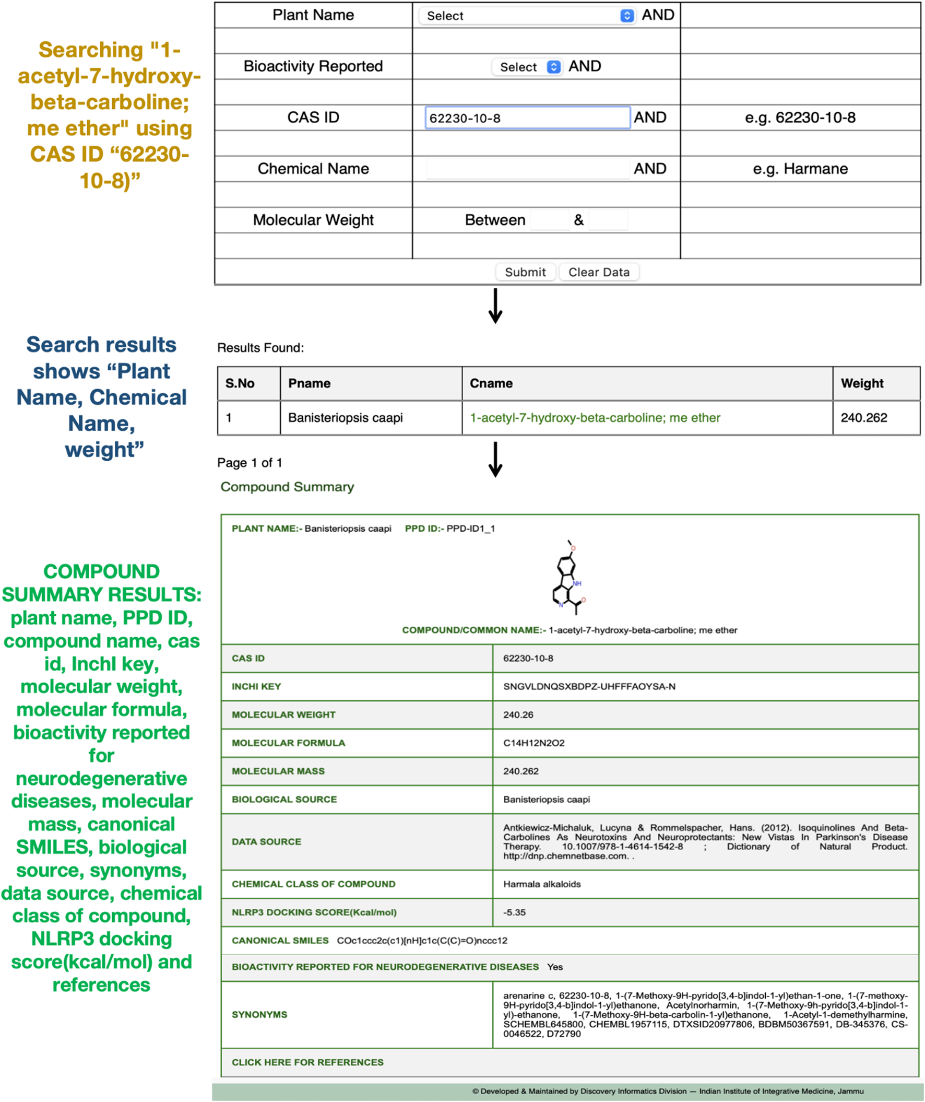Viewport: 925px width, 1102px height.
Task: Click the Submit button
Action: [x=525, y=272]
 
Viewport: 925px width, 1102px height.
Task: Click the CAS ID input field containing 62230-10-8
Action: [x=527, y=118]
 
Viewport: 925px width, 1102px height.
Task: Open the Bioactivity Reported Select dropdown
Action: [x=527, y=67]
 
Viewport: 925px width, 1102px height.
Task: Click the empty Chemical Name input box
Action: [x=528, y=169]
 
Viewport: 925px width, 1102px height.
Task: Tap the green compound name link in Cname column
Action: [x=595, y=418]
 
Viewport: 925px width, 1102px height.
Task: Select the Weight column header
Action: [x=862, y=383]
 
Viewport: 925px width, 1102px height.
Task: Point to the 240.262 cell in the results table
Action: [x=863, y=418]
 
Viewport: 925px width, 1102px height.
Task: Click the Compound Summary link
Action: [x=287, y=487]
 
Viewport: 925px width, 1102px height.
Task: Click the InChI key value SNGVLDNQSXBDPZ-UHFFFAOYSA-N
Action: [x=589, y=686]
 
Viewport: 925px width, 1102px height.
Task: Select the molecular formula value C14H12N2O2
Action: [x=533, y=743]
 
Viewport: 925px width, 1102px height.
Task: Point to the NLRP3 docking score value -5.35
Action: [x=514, y=912]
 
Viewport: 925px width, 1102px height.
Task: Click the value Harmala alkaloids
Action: [x=542, y=884]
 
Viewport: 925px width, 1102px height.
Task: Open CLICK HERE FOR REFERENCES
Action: [x=307, y=1062]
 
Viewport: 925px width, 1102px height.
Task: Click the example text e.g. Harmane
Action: [x=800, y=169]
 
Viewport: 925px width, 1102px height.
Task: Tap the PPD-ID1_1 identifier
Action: [x=470, y=529]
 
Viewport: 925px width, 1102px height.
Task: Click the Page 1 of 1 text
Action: [x=250, y=463]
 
